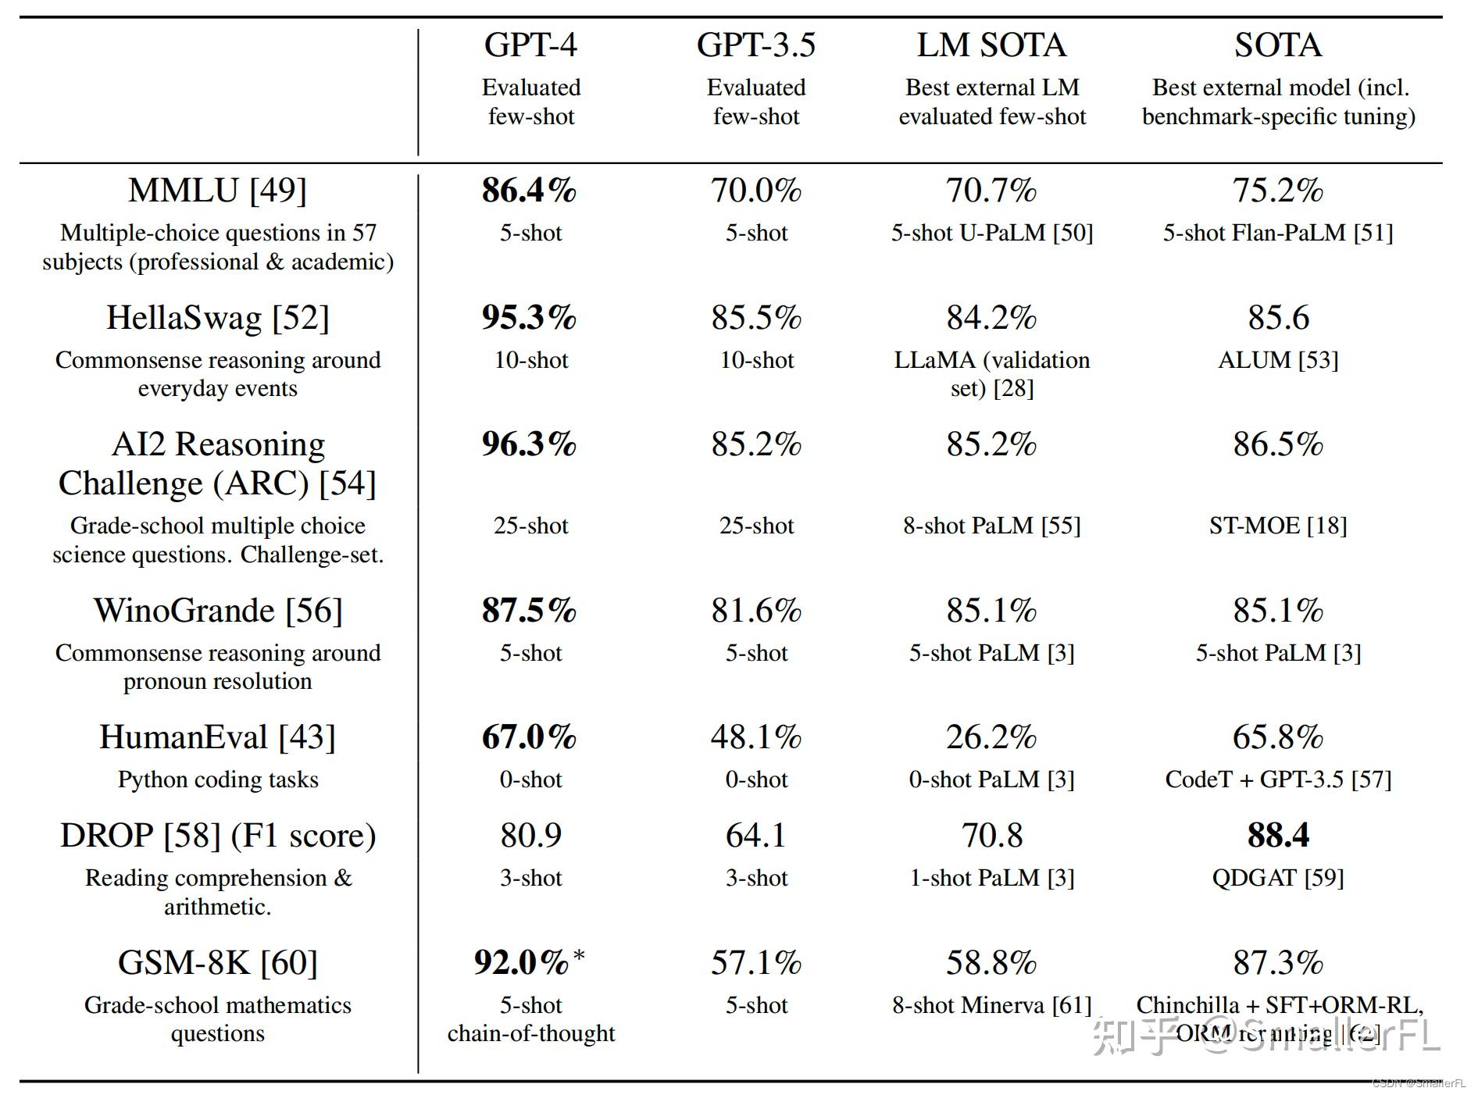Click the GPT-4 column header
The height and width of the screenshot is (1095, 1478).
pos(530,45)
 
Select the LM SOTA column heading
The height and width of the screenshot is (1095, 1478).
pos(991,45)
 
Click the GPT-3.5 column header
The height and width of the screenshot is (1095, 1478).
pos(755,45)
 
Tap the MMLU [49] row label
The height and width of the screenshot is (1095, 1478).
pos(217,190)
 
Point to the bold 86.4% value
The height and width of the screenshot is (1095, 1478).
pos(529,190)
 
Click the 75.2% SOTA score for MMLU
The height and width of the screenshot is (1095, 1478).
pos(1277,190)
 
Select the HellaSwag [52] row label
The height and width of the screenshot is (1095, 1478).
pos(217,317)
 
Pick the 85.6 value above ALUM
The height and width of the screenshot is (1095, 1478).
pos(1278,317)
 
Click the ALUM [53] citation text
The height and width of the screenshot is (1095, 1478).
pos(1278,360)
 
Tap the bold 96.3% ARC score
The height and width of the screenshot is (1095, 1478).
pos(529,444)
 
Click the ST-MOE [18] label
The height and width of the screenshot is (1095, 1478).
pos(1278,526)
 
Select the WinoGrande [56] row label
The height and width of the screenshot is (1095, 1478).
pos(217,610)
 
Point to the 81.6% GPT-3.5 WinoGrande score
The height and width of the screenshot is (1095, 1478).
pos(755,610)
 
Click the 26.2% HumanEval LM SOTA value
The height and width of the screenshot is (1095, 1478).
pos(991,737)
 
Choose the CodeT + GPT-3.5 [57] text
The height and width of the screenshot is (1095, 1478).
pos(1278,779)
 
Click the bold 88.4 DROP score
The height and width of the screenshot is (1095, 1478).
pos(1278,835)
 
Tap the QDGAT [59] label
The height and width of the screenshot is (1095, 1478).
pos(1278,878)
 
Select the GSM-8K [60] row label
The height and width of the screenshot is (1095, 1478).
pos(217,962)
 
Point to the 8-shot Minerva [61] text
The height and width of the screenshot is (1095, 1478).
pos(991,1005)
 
